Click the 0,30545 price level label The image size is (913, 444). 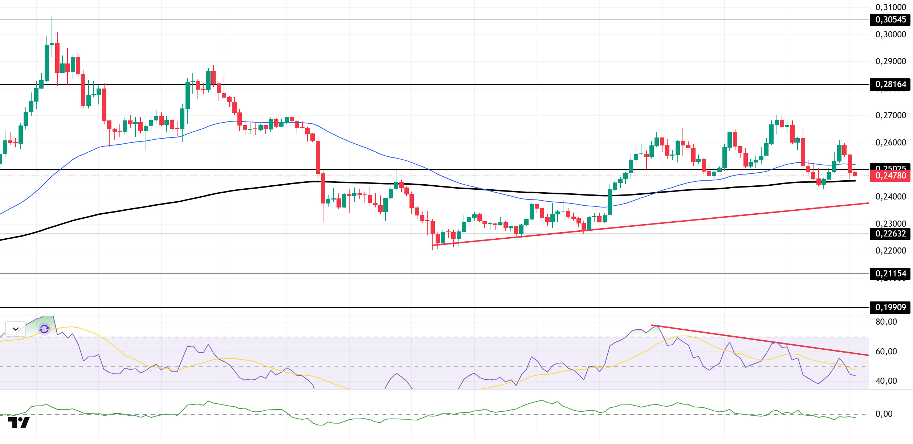pyautogui.click(x=890, y=20)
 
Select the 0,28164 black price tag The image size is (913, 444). pyautogui.click(x=890, y=85)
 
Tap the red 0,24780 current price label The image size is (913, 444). pyautogui.click(x=890, y=176)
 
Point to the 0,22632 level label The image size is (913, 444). pyautogui.click(x=890, y=234)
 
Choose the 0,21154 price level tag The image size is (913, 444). pyautogui.click(x=890, y=274)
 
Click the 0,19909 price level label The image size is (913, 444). pyautogui.click(x=890, y=308)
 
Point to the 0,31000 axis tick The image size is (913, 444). pyautogui.click(x=890, y=7)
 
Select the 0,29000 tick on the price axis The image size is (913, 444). pyautogui.click(x=890, y=61)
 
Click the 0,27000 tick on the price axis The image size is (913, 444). pyautogui.click(x=890, y=115)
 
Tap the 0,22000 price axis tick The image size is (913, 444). pyautogui.click(x=890, y=251)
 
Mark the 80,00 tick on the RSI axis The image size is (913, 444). pyautogui.click(x=886, y=322)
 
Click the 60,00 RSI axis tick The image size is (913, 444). pyautogui.click(x=886, y=351)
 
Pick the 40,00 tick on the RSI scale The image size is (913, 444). pyautogui.click(x=886, y=381)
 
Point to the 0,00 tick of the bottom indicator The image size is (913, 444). pyautogui.click(x=884, y=414)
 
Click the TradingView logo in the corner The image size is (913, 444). pyautogui.click(x=19, y=423)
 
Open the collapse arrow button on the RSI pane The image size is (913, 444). pyautogui.click(x=15, y=329)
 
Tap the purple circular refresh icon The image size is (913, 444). pyautogui.click(x=44, y=329)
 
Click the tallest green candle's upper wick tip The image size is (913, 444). pyautogui.click(x=52, y=17)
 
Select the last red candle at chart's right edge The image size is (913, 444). pyautogui.click(x=855, y=174)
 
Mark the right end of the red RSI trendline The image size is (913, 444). pyautogui.click(x=868, y=355)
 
